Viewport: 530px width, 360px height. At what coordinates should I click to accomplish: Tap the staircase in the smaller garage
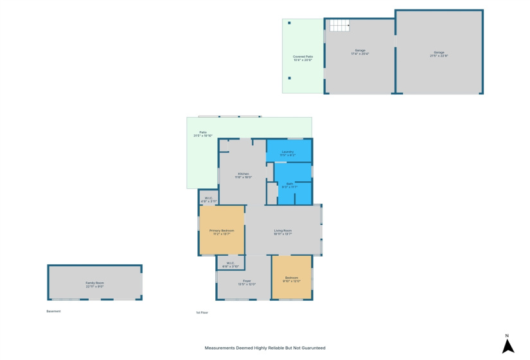pyautogui.click(x=339, y=26)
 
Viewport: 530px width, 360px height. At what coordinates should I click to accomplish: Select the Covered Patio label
pyautogui.click(x=303, y=59)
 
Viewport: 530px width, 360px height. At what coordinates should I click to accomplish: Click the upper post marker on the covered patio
pyautogui.click(x=289, y=23)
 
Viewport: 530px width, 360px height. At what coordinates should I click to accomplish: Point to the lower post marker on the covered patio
pyautogui.click(x=289, y=78)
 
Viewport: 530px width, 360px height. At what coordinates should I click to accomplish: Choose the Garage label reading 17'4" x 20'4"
pyautogui.click(x=360, y=52)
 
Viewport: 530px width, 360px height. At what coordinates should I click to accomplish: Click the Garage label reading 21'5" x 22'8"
pyautogui.click(x=439, y=54)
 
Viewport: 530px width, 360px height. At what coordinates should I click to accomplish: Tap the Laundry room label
pyautogui.click(x=287, y=154)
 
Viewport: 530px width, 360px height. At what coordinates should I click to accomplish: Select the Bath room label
pyautogui.click(x=290, y=185)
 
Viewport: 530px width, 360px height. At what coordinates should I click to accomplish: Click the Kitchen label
pyautogui.click(x=243, y=175)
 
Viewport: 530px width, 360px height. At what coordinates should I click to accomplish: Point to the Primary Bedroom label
pyautogui.click(x=222, y=232)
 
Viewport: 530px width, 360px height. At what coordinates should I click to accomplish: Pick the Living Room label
pyautogui.click(x=283, y=232)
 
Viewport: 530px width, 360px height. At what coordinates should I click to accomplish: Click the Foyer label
pyautogui.click(x=247, y=282)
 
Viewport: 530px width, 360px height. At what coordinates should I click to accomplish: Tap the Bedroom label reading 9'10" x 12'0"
pyautogui.click(x=292, y=280)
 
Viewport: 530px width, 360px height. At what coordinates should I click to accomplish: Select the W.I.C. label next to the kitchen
pyautogui.click(x=208, y=200)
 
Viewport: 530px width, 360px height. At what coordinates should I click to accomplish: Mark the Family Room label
pyautogui.click(x=95, y=284)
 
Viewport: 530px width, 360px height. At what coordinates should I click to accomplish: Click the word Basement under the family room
pyautogui.click(x=53, y=312)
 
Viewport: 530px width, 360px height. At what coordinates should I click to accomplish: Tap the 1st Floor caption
pyautogui.click(x=202, y=312)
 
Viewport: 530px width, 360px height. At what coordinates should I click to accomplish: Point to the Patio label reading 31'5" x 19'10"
pyautogui.click(x=203, y=134)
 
